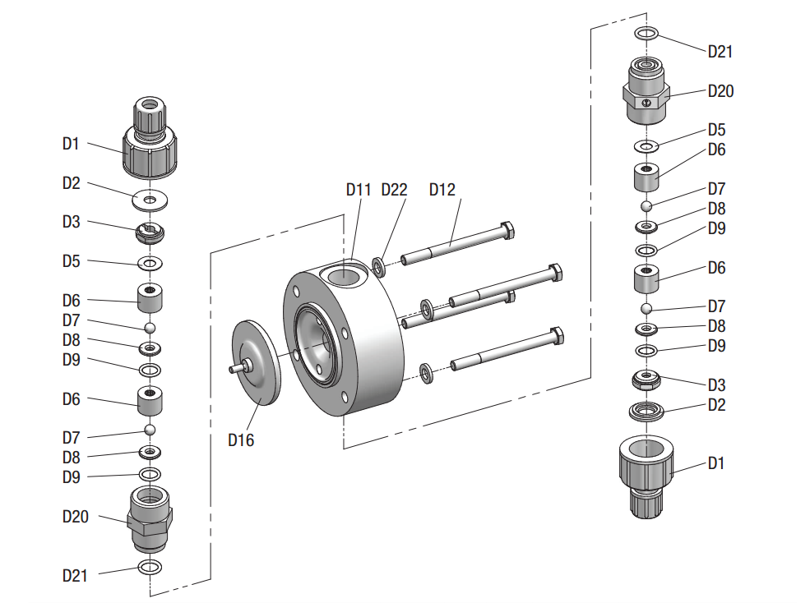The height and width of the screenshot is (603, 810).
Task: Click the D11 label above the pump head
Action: click(x=359, y=190)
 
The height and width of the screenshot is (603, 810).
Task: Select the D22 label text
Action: click(x=394, y=190)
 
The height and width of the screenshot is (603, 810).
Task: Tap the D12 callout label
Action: click(x=442, y=190)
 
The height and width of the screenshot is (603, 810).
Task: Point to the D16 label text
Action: click(x=241, y=440)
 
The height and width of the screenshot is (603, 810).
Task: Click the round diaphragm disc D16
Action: click(x=257, y=362)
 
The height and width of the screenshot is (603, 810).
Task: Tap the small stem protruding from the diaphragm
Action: click(x=236, y=369)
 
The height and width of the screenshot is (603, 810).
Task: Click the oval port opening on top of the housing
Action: click(x=346, y=275)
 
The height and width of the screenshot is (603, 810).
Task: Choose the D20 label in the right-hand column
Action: click(x=720, y=91)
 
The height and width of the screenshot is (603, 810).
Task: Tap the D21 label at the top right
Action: click(x=720, y=52)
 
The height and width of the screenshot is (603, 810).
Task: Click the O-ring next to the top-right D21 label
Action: click(x=646, y=34)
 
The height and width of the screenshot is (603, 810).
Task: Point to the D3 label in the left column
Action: click(x=72, y=222)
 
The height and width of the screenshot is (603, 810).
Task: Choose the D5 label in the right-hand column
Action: click(x=717, y=131)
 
